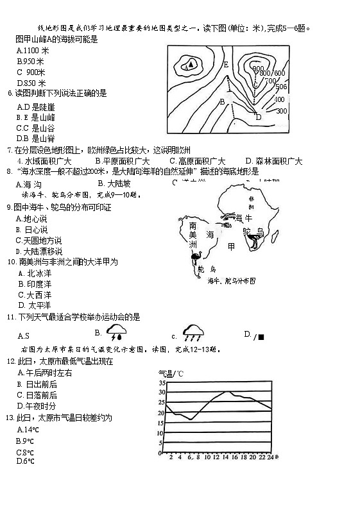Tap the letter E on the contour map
point(226,65)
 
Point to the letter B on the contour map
point(222,101)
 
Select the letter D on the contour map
point(258,117)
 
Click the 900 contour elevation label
point(257,69)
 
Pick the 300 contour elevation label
point(280,111)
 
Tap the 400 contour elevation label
point(279,99)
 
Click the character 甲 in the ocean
point(231,246)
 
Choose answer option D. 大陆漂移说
point(39,251)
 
